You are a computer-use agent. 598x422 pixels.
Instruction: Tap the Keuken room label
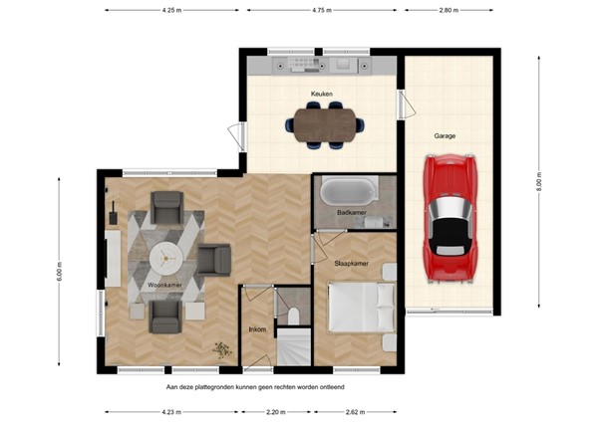tap(321, 95)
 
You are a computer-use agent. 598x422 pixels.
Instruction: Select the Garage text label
tap(445, 135)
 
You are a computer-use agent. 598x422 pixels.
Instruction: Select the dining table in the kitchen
tap(324, 122)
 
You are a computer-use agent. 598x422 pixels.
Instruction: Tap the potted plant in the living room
tap(220, 348)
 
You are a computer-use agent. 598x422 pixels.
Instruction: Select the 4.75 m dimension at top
tap(320, 10)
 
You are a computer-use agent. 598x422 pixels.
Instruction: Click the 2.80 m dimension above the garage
tap(448, 10)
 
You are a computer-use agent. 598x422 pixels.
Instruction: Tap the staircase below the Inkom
tap(293, 349)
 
